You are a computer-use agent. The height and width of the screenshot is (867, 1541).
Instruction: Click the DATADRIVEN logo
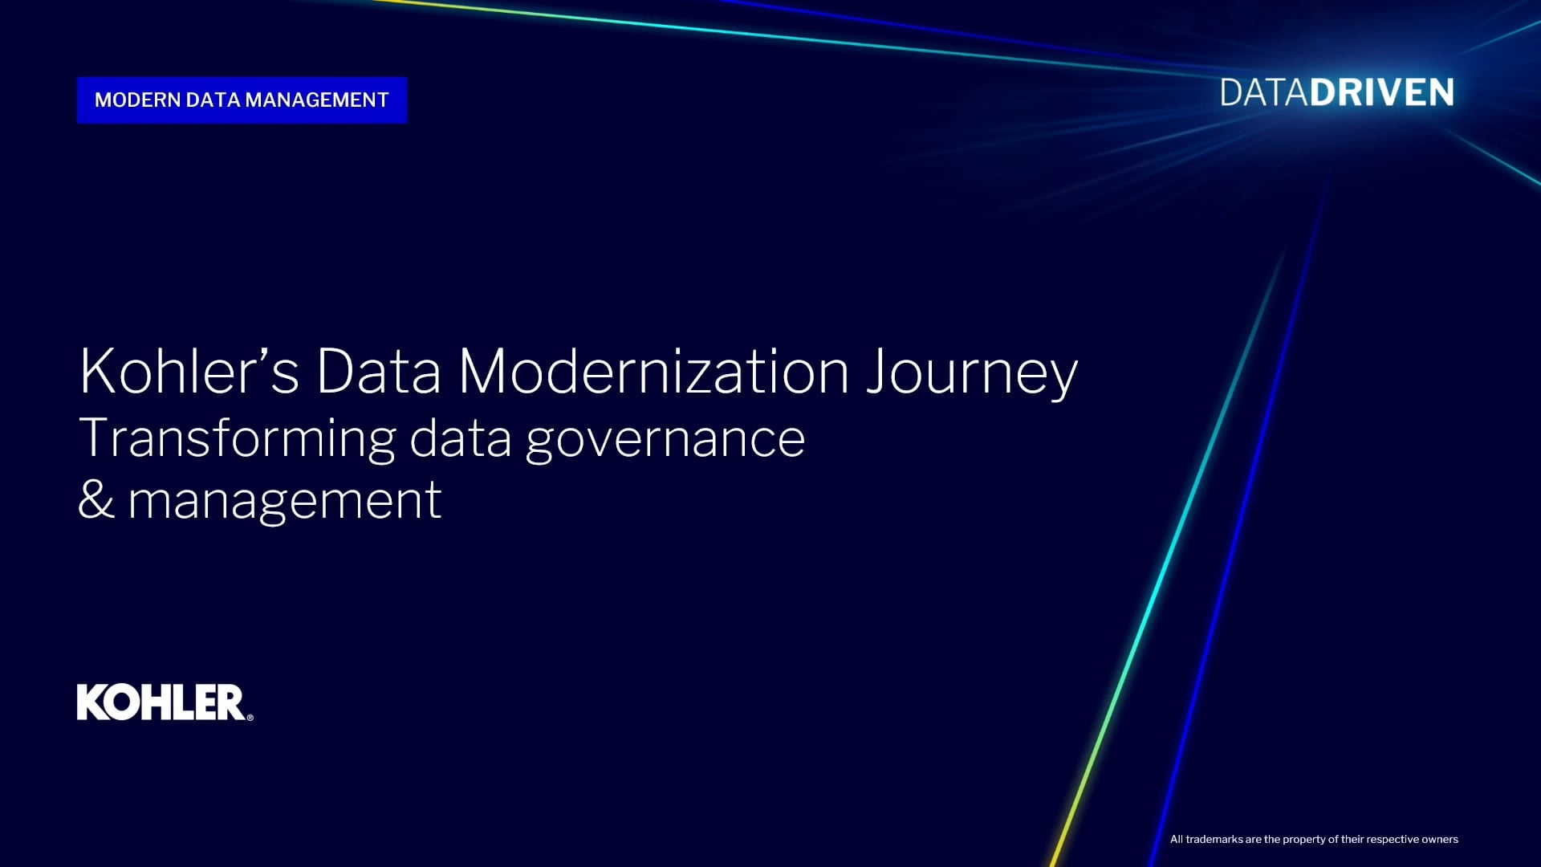point(1337,93)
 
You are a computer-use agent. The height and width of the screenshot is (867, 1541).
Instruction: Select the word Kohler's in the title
point(189,371)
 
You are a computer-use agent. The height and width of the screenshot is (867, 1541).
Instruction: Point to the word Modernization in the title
point(653,371)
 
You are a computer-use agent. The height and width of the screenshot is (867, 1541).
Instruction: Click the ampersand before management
point(96,499)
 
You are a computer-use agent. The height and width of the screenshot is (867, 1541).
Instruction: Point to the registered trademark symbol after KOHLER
point(250,718)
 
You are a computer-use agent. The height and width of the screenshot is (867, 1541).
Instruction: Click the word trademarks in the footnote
point(1214,840)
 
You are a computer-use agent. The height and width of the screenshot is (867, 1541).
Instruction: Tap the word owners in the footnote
point(1440,840)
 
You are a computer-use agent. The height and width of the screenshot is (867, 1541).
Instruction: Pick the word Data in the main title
point(379,371)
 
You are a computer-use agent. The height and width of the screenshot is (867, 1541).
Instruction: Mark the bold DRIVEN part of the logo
point(1382,93)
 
